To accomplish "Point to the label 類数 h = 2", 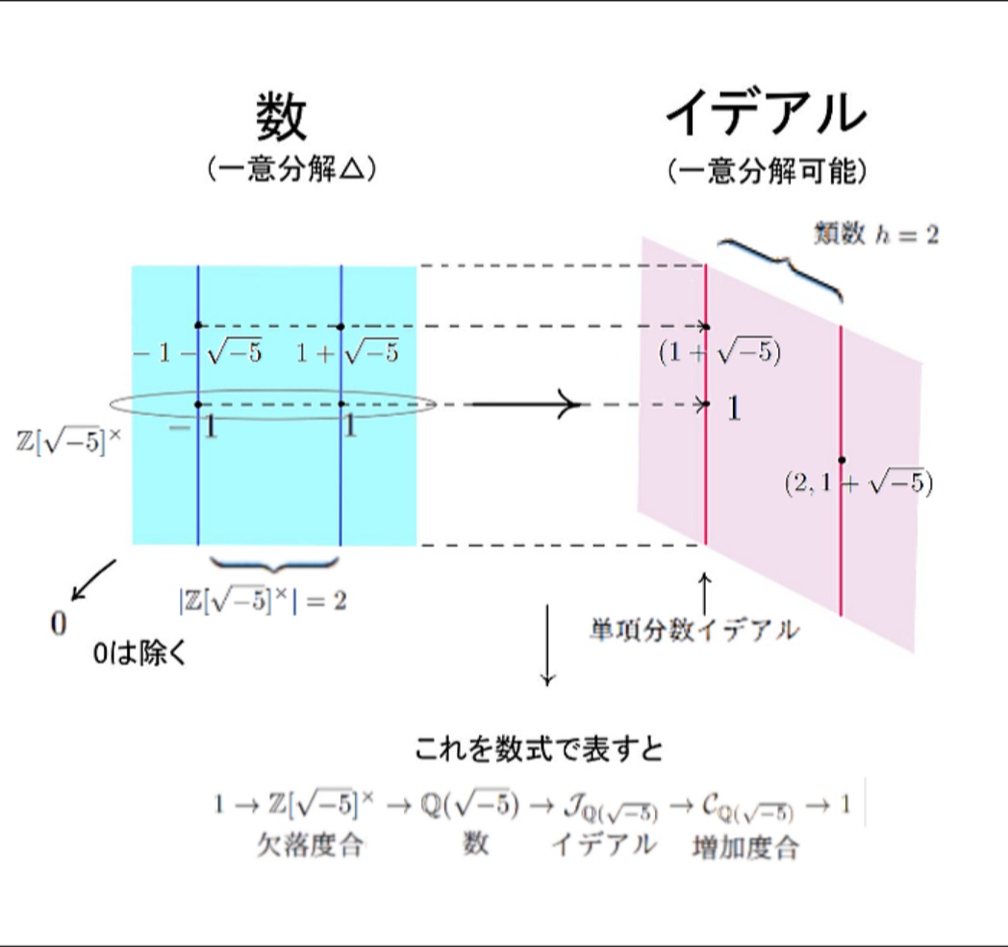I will [x=875, y=234].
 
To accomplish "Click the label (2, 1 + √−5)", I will [x=859, y=485].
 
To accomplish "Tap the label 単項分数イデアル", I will [x=694, y=632].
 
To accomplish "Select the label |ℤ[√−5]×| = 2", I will [x=263, y=602].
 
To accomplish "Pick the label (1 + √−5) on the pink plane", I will [x=719, y=354].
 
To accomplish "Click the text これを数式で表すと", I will [x=539, y=749].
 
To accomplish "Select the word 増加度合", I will [x=744, y=848].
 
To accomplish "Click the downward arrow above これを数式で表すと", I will [x=547, y=644].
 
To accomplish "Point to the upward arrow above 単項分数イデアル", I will [x=705, y=593].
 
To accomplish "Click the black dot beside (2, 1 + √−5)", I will [x=842, y=461].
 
